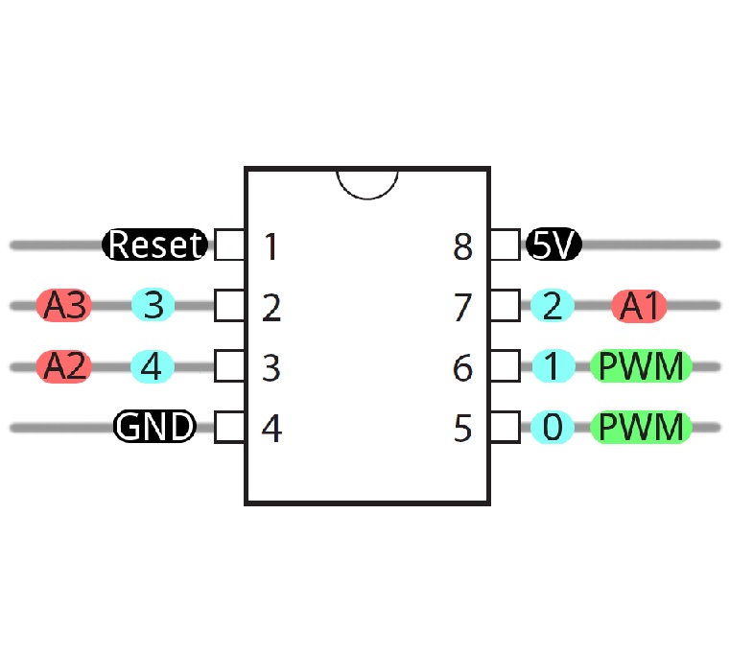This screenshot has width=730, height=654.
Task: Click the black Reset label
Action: [154, 245]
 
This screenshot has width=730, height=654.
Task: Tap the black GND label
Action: [154, 426]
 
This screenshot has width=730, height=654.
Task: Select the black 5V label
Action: [553, 245]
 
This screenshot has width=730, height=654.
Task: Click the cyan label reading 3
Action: [153, 306]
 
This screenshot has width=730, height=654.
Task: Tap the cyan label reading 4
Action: [153, 366]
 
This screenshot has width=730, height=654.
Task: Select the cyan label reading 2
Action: [552, 306]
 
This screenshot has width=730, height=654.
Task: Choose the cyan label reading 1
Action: [552, 366]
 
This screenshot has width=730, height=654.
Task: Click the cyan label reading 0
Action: [552, 427]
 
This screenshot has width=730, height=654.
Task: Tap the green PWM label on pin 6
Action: [642, 366]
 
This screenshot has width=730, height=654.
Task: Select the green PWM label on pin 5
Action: [642, 427]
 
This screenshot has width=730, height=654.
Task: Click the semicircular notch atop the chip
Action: [367, 181]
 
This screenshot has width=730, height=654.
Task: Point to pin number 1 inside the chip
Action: [271, 247]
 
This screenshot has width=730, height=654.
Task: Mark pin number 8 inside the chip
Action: [463, 247]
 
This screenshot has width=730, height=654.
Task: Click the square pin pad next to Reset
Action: [229, 245]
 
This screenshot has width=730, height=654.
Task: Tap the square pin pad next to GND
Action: [229, 427]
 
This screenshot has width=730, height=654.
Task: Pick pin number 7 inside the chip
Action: [463, 308]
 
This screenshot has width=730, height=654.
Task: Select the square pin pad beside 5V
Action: [505, 245]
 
